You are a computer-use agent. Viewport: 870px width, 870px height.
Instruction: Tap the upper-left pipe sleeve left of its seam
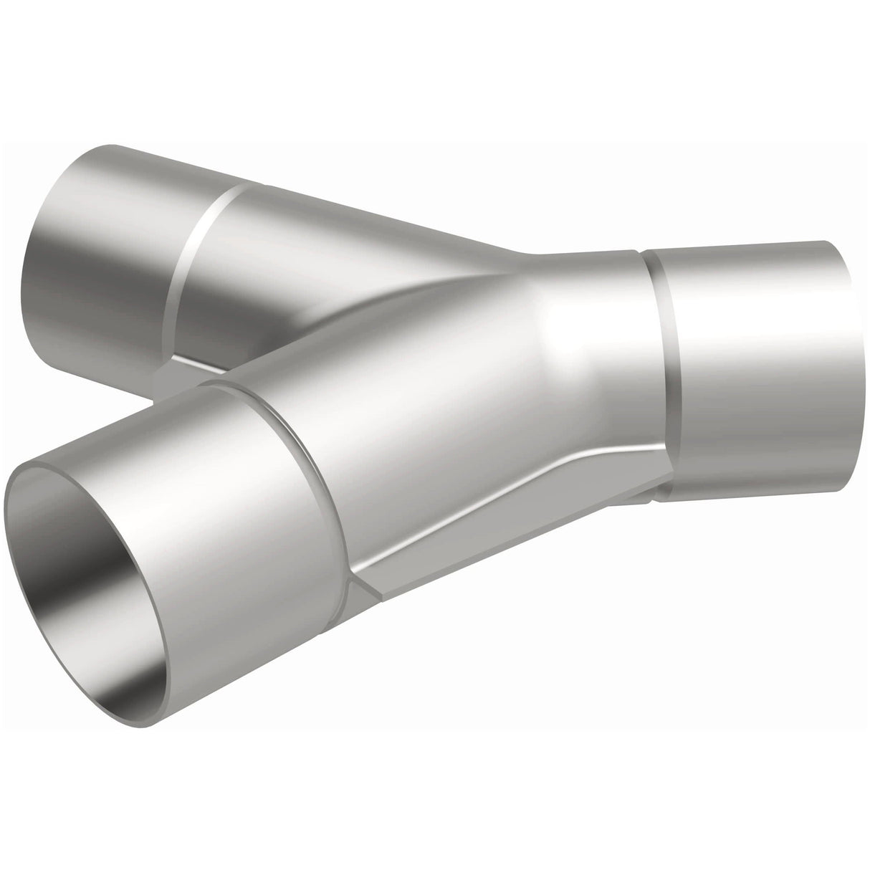107,236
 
